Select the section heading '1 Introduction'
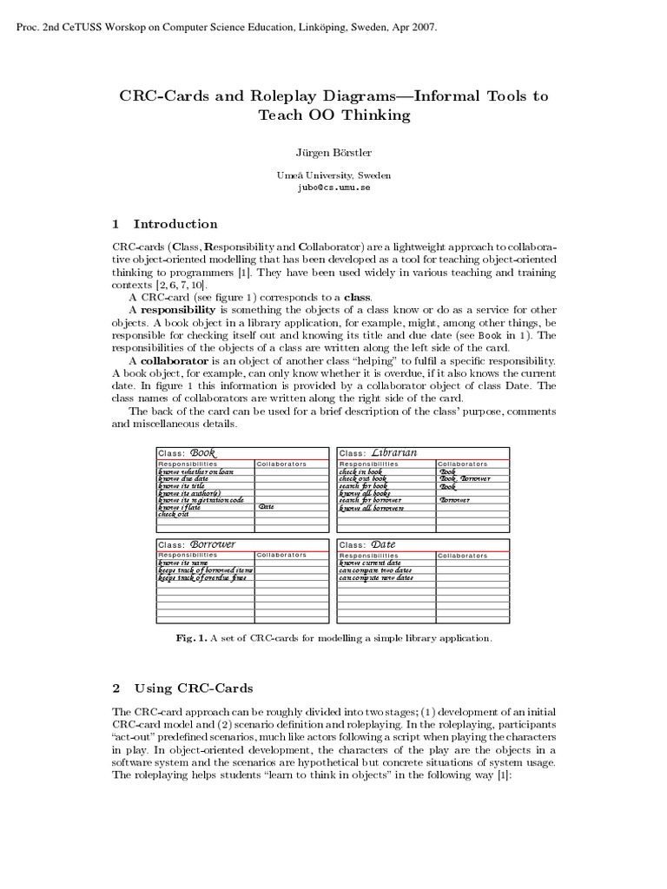[165, 223]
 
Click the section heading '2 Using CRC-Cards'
[182, 688]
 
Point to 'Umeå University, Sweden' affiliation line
[333, 175]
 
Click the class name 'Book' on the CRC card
[202, 452]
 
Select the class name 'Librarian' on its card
[394, 452]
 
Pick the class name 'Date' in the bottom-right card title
[383, 544]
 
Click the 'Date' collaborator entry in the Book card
[267, 507]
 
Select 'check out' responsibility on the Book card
[173, 514]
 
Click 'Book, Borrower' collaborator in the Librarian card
[466, 478]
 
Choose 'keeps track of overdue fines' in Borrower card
[201, 577]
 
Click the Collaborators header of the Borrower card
[281, 554]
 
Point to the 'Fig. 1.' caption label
[189, 638]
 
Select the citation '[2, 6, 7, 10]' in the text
[177, 285]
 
